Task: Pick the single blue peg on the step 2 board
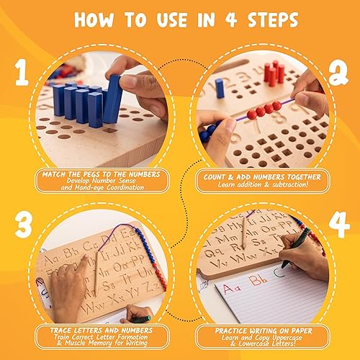pyautogui.click(x=220, y=88)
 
